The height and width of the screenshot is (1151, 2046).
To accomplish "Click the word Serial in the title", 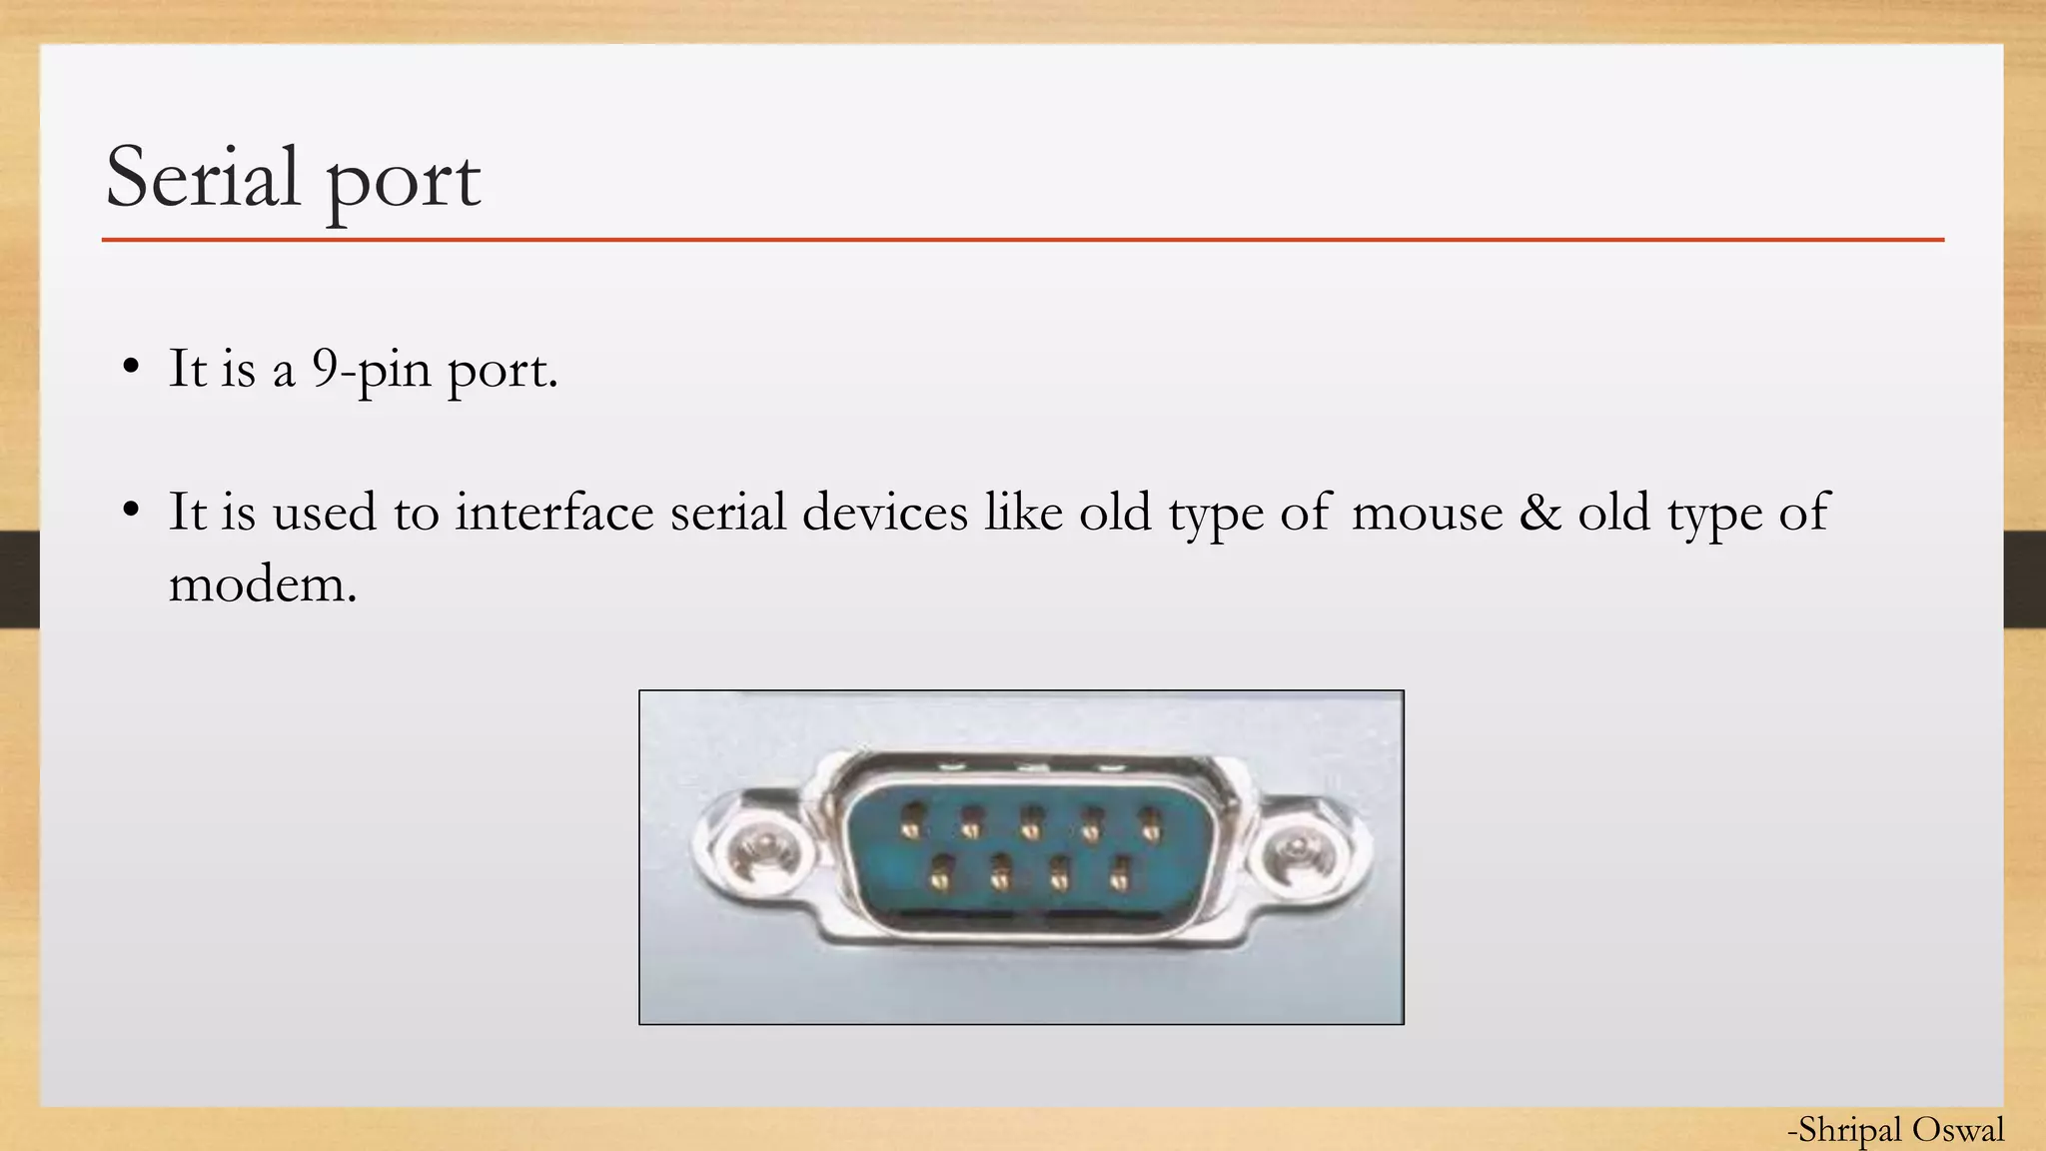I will pyautogui.click(x=203, y=177).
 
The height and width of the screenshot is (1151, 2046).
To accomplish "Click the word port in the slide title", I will pyautogui.click(x=404, y=181).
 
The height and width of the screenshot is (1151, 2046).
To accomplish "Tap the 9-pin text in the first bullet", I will pyautogui.click(x=371, y=370).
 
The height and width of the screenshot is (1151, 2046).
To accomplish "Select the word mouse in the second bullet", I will pyautogui.click(x=1427, y=513).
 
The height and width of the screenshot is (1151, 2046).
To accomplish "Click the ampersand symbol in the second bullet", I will pyautogui.click(x=1539, y=512).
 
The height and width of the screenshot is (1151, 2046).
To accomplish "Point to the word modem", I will pyautogui.click(x=262, y=583).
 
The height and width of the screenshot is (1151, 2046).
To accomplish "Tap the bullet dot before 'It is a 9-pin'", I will pyautogui.click(x=130, y=368).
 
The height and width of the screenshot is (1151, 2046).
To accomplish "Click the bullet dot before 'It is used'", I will pyautogui.click(x=130, y=511).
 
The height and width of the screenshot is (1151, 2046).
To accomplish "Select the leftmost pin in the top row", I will pyautogui.click(x=911, y=823).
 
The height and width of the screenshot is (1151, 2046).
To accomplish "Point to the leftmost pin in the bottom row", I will pyautogui.click(x=938, y=876).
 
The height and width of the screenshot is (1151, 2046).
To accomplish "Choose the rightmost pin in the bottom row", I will pyautogui.click(x=1120, y=876).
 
